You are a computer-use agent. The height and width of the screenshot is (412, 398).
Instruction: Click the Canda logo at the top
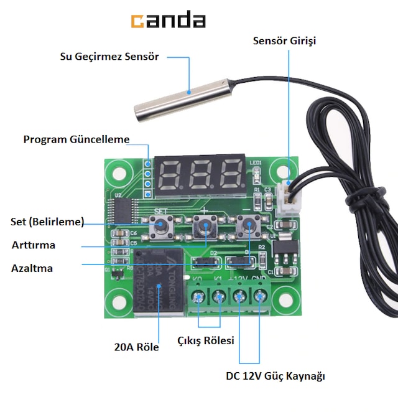pyautogui.click(x=168, y=21)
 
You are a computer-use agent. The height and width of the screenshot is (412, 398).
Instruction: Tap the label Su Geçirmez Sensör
pyautogui.click(x=109, y=57)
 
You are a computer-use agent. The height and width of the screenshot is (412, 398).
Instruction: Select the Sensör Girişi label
pyautogui.click(x=285, y=41)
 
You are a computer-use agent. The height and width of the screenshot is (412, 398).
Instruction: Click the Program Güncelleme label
pyautogui.click(x=76, y=139)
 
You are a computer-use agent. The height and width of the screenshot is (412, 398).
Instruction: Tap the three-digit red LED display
pyautogui.click(x=200, y=173)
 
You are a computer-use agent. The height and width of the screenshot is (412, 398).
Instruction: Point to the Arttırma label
pyautogui.click(x=34, y=245)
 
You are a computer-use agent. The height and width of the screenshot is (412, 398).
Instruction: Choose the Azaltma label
pyautogui.click(x=32, y=269)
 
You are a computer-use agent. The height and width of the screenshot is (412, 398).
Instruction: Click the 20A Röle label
pyautogui.click(x=137, y=347)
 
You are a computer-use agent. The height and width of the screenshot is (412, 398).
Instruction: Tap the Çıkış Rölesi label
pyautogui.click(x=206, y=340)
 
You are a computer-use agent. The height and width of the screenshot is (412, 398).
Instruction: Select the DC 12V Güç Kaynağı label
pyautogui.click(x=275, y=376)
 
